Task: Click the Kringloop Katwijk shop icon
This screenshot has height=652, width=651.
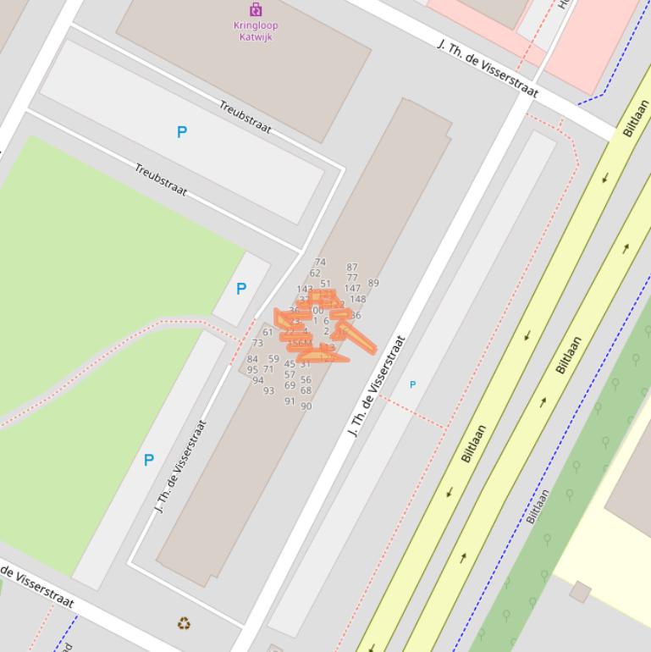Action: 256,9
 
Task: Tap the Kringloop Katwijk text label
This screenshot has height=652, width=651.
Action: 256,30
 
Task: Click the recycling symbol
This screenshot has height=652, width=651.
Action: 184,624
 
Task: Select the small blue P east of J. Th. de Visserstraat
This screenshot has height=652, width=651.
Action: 412,384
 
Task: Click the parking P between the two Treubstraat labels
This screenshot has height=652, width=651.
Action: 181,132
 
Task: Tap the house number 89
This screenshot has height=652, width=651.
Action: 373,283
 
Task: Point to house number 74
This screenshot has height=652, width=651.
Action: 320,262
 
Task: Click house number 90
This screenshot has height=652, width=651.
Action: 306,406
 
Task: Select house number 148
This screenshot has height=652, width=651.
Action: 357,299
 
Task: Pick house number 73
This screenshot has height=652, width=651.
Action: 257,343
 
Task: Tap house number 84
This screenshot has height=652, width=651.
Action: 252,359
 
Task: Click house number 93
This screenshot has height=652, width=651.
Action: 268,391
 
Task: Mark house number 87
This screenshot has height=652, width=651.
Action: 352,268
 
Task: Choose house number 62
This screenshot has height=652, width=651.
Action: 315,274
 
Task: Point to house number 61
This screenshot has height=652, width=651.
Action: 268,332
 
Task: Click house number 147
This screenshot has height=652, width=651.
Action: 352,289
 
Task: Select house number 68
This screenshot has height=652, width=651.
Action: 306,390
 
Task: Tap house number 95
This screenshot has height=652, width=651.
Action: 252,370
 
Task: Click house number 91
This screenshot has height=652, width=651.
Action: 290,401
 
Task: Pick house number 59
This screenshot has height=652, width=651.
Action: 273,359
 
